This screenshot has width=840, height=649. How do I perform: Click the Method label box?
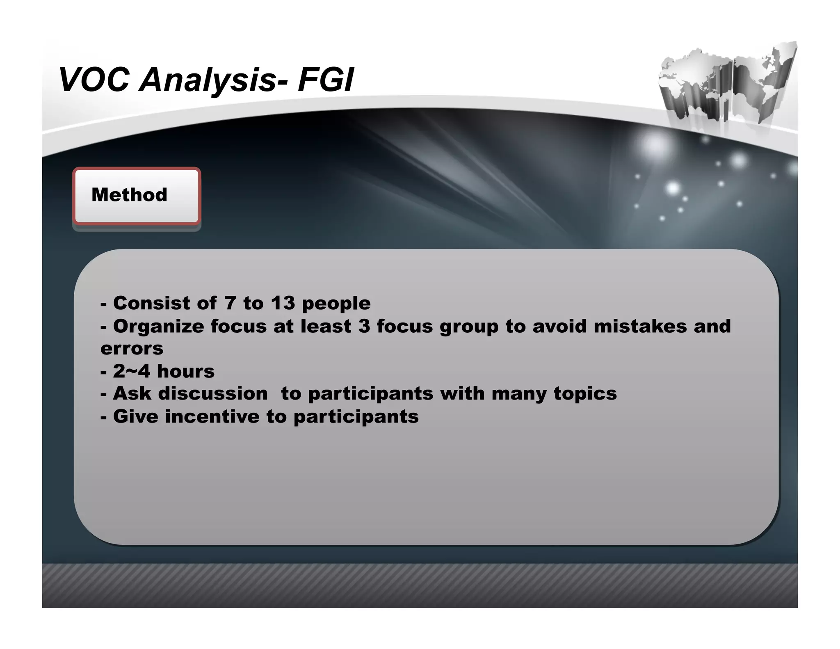[x=137, y=196]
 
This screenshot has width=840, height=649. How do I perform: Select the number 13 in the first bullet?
[x=283, y=303]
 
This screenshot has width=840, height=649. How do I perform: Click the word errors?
[x=132, y=349]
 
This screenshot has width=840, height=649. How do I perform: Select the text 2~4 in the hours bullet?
[x=132, y=371]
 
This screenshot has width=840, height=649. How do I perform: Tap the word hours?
[x=186, y=371]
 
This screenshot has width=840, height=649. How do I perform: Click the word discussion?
[x=213, y=393]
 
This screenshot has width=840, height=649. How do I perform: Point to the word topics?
[x=585, y=394]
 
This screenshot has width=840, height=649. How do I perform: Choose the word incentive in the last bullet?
[x=212, y=416]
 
